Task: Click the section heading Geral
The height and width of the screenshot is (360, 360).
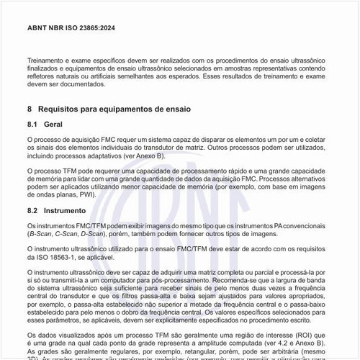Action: [x=54, y=125]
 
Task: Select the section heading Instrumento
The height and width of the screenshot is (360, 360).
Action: [x=65, y=211]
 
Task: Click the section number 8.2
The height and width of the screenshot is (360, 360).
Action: [x=32, y=211]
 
